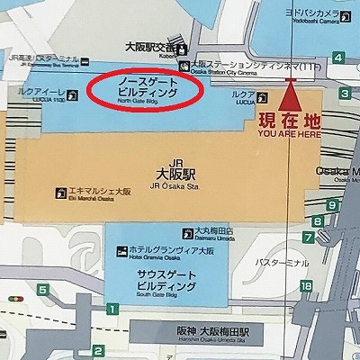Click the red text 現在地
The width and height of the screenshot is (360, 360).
pyautogui.click(x=289, y=120)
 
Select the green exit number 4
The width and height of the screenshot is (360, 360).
pyautogui.click(x=337, y=58)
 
